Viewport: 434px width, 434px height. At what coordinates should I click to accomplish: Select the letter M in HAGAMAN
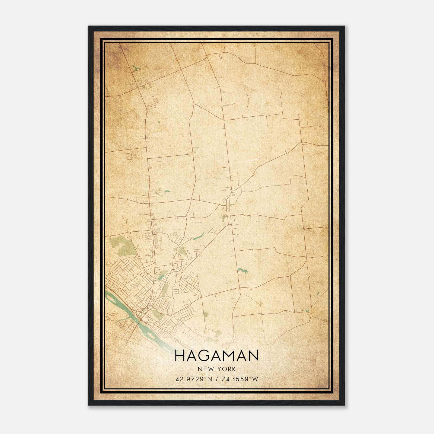click(x=230, y=356)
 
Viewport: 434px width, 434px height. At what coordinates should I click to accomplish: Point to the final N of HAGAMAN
click(x=254, y=356)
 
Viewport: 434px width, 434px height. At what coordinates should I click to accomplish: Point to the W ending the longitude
click(x=255, y=379)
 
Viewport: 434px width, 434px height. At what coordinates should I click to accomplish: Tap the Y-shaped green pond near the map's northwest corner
click(x=136, y=68)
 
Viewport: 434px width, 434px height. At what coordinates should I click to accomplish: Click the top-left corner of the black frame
click(x=89, y=27)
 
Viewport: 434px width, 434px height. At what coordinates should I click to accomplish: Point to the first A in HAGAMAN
click(x=192, y=356)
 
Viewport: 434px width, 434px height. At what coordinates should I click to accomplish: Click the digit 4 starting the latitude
click(x=177, y=379)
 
